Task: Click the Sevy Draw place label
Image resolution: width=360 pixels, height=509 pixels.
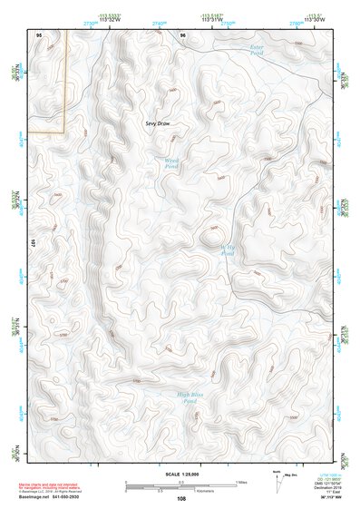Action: [158, 122]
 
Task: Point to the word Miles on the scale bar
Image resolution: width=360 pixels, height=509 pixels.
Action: [240, 482]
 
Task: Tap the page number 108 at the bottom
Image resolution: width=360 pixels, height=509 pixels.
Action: [181, 498]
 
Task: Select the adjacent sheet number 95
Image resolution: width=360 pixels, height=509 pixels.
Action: [39, 34]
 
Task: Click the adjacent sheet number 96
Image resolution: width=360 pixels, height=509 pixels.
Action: [182, 34]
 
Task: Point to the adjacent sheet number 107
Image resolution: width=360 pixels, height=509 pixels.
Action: [32, 244]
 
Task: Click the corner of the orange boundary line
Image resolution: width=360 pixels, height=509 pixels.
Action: [66, 132]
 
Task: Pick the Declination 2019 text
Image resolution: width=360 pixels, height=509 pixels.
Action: [328, 489]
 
